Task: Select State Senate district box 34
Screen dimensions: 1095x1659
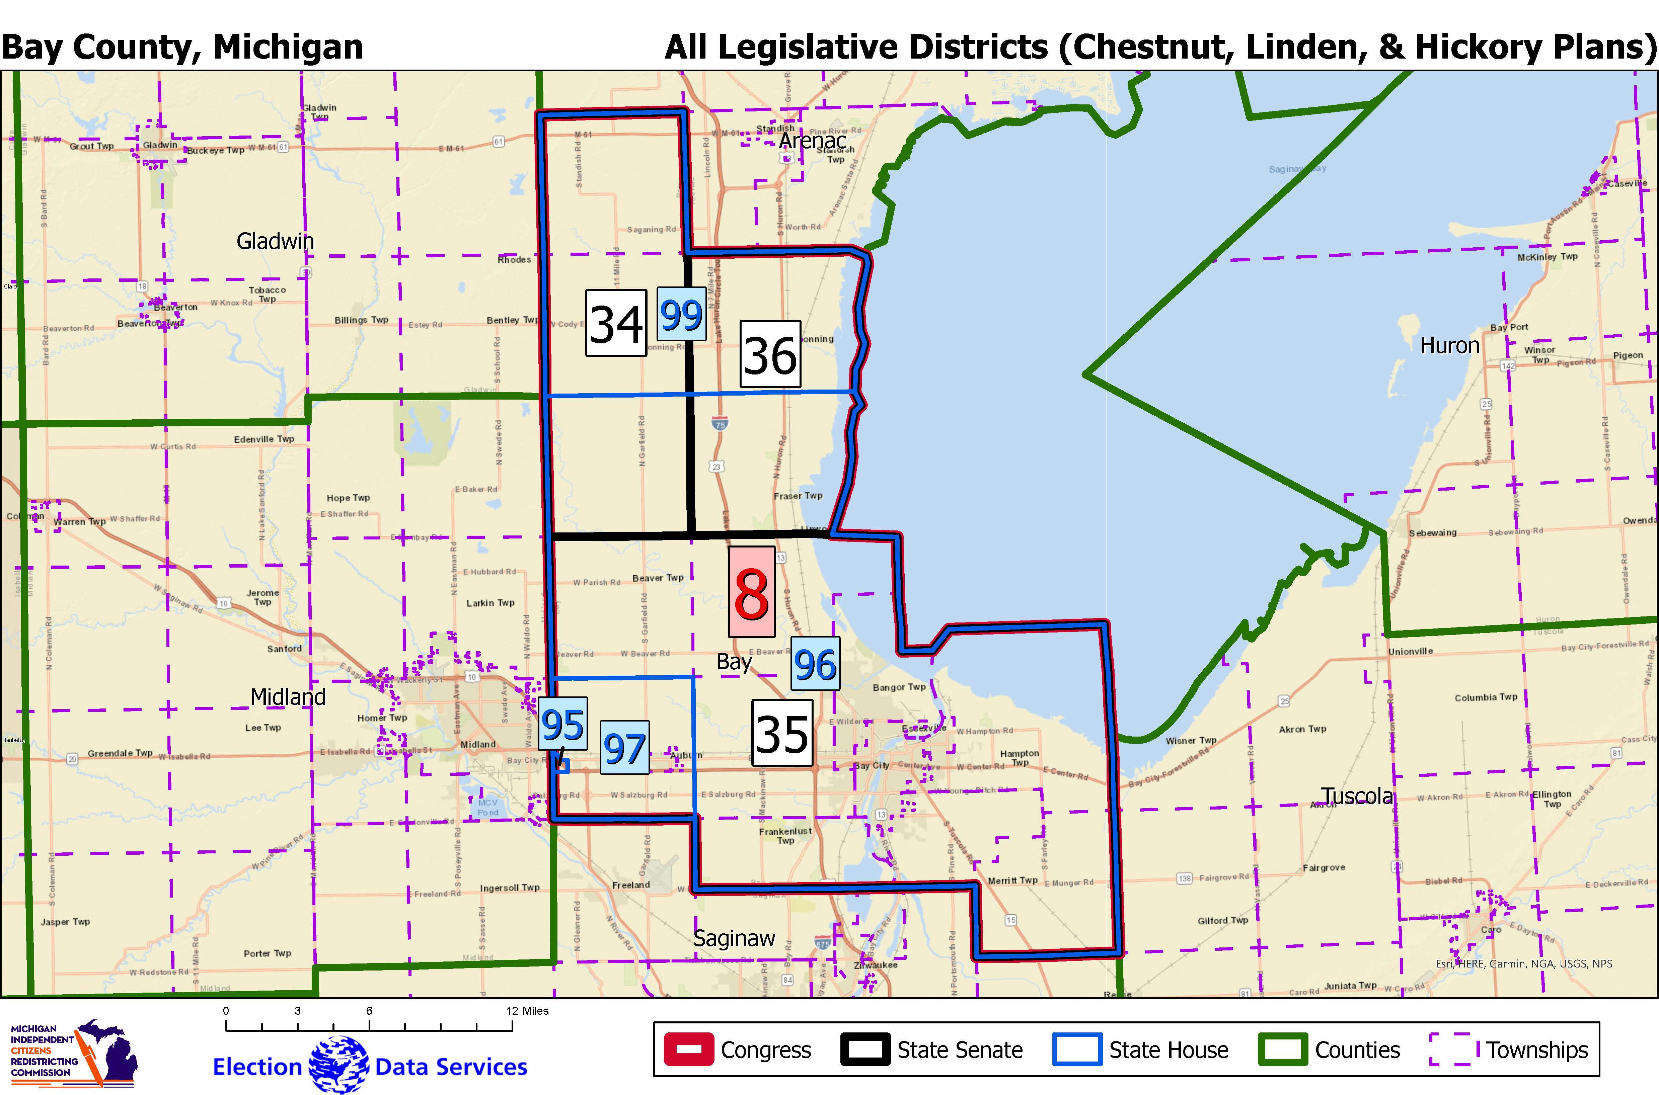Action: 615,323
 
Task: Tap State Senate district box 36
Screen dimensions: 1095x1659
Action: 770,354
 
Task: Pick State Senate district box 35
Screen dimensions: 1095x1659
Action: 782,733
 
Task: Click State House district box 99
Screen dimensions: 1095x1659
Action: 681,314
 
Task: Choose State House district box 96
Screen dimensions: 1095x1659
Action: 815,663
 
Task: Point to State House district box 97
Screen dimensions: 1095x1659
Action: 624,747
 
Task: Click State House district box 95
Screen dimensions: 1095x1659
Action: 562,724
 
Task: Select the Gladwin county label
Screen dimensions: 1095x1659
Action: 275,241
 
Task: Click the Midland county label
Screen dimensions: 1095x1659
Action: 288,696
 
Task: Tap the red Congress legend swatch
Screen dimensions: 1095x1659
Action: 688,1049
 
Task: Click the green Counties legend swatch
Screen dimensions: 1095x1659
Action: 1282,1049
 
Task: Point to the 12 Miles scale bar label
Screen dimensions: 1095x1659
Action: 527,1011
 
